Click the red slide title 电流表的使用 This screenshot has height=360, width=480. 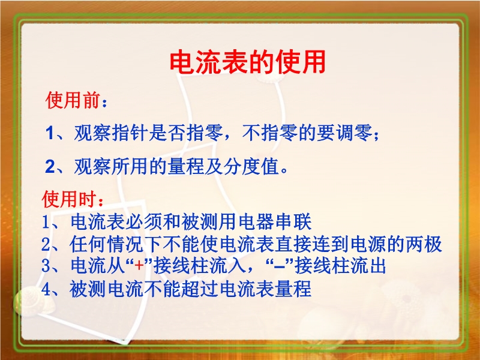(247, 62)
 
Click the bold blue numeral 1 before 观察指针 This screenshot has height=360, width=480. (50, 133)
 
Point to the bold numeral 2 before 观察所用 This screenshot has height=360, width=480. (50, 167)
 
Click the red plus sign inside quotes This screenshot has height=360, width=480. (139, 265)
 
